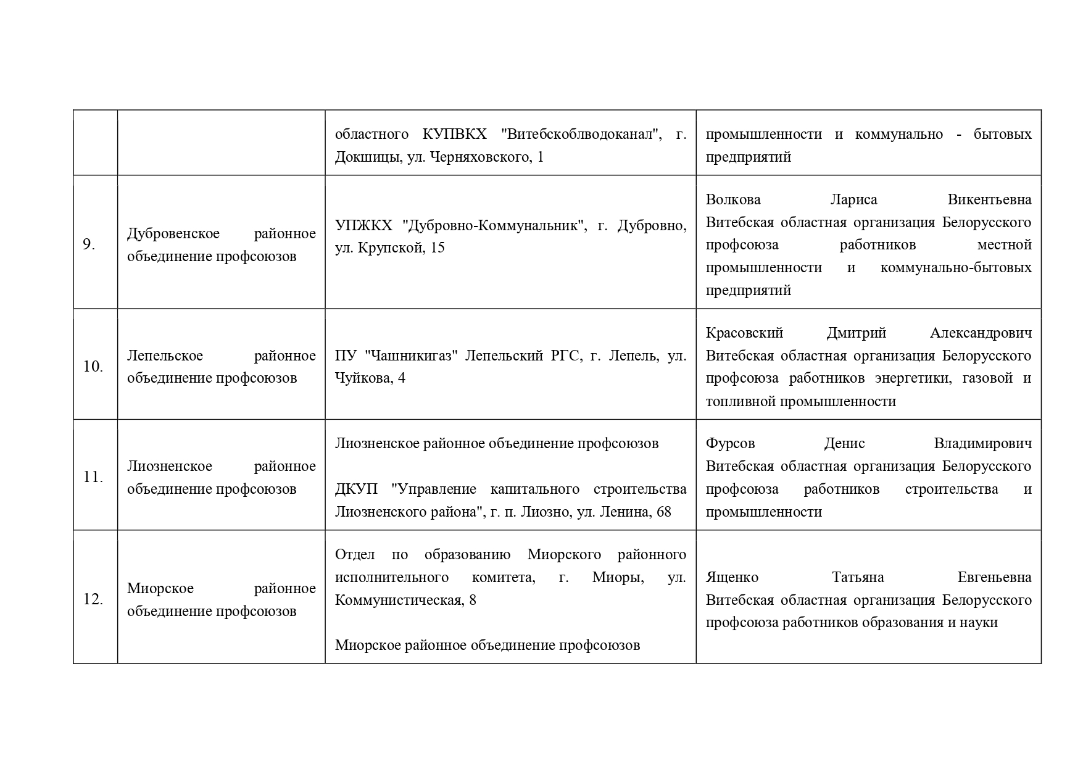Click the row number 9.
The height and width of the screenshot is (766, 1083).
(89, 244)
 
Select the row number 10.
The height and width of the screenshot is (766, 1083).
(93, 367)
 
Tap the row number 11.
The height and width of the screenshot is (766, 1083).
(93, 477)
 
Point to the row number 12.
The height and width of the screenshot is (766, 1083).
(93, 599)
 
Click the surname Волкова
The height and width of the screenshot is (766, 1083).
(733, 199)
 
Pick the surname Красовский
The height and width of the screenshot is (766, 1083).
(744, 333)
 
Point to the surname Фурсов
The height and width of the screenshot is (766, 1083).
(730, 443)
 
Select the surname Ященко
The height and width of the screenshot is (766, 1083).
(732, 577)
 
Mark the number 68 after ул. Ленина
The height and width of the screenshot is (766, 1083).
(663, 512)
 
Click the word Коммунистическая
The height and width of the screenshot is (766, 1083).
(398, 600)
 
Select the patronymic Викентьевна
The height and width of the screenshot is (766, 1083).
(989, 199)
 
